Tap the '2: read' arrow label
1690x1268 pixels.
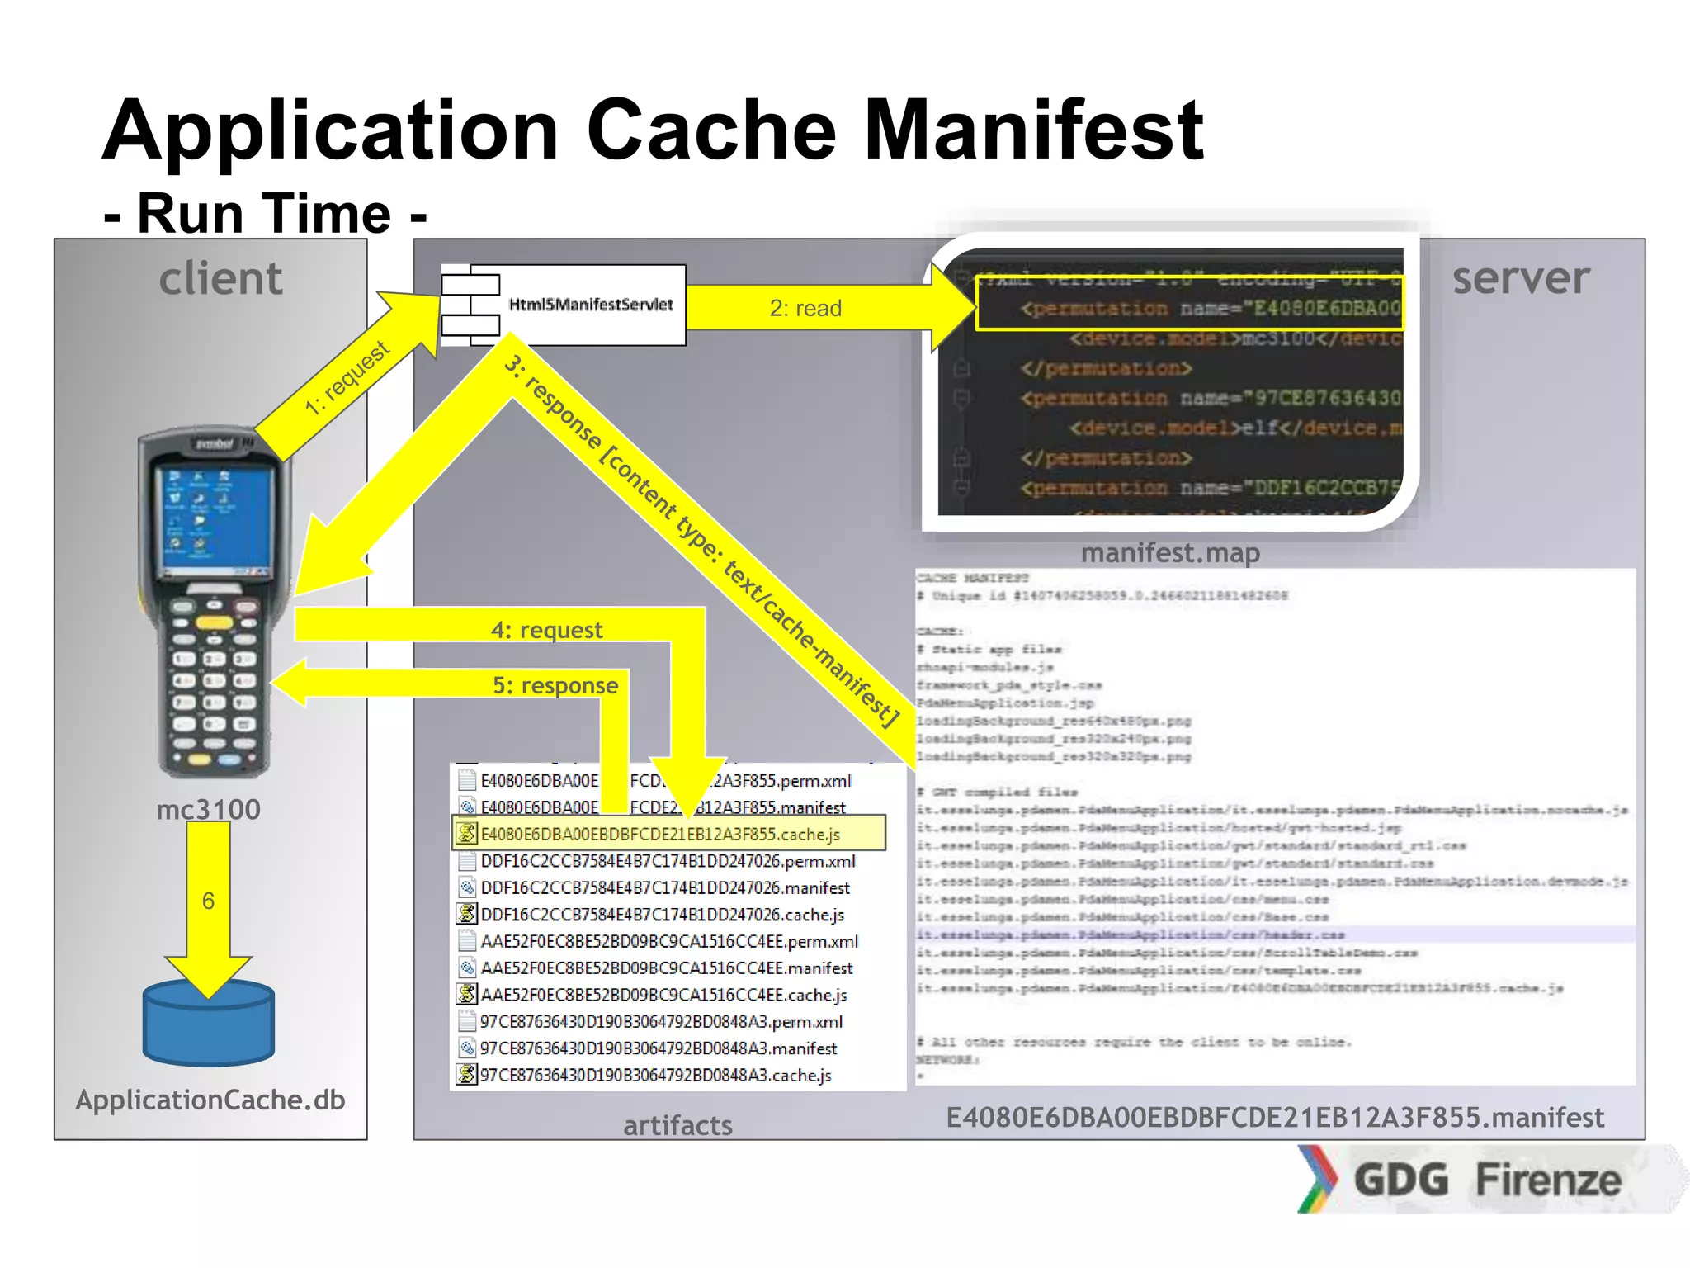(x=805, y=308)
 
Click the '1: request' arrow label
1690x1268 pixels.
(x=347, y=377)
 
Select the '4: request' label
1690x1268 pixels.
(x=546, y=630)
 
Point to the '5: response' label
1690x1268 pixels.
(x=555, y=685)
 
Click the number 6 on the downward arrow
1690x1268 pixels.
(x=208, y=901)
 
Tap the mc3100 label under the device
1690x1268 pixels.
(x=208, y=809)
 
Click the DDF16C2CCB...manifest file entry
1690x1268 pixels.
(x=664, y=887)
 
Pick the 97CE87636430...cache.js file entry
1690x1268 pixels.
(x=655, y=1075)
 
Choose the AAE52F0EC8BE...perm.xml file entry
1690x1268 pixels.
(x=668, y=941)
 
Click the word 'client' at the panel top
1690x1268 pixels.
(x=220, y=278)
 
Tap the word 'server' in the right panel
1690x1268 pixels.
(x=1520, y=278)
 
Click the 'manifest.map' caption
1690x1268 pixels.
(x=1169, y=552)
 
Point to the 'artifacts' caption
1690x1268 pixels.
(x=677, y=1125)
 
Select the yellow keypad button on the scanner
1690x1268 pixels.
(x=214, y=622)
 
